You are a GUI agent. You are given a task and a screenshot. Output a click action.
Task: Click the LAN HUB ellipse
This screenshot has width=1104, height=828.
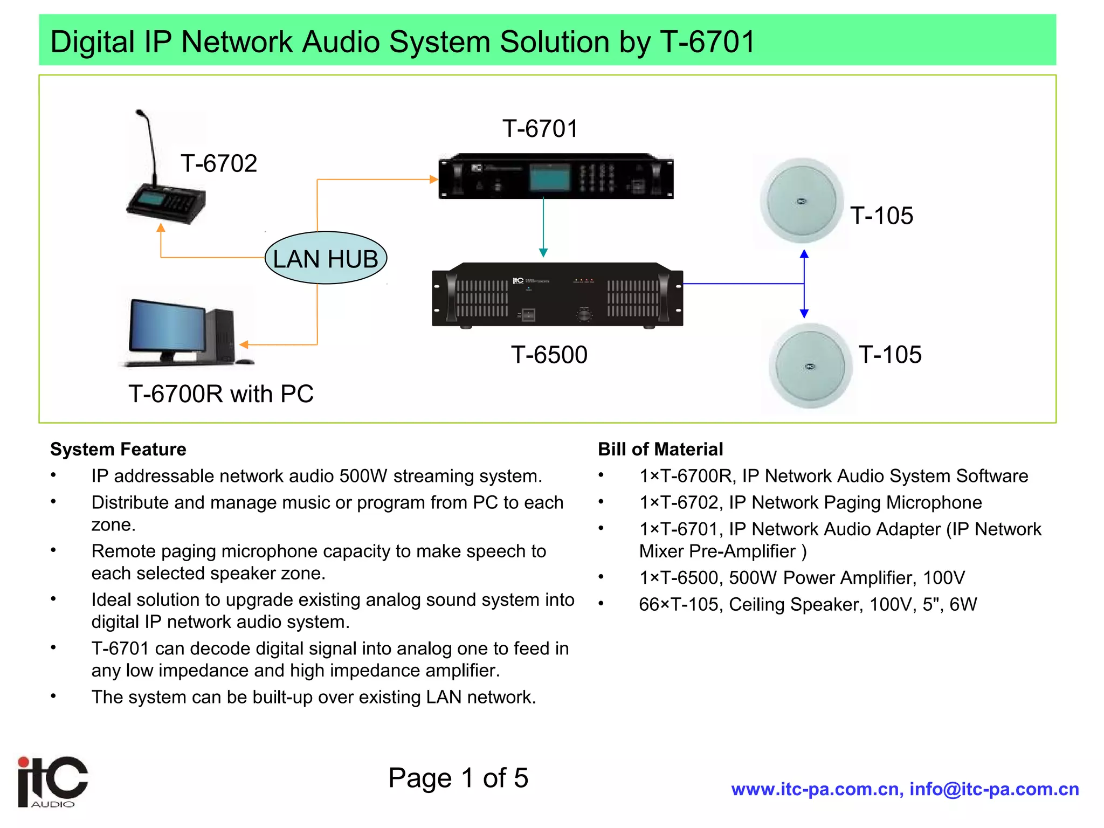pos(326,258)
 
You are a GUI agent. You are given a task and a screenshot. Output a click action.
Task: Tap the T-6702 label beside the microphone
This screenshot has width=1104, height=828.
pos(219,163)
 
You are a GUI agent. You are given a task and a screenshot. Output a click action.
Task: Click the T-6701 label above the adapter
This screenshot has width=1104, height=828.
pos(540,129)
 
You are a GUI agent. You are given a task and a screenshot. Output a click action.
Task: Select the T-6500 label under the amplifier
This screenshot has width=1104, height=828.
pos(549,355)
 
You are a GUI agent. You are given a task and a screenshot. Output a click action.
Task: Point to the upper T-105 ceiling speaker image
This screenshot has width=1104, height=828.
pos(801,202)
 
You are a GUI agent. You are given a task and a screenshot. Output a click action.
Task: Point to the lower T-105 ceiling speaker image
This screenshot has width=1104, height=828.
pos(810,367)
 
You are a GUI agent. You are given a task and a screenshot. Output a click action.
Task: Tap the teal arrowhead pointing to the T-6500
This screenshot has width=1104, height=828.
pos(543,252)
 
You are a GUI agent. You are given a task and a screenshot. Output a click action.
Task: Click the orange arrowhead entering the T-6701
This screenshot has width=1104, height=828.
pos(433,180)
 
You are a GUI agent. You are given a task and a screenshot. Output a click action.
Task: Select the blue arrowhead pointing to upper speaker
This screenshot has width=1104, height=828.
pos(804,254)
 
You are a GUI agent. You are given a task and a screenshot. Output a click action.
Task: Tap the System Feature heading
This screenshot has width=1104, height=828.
pos(118,449)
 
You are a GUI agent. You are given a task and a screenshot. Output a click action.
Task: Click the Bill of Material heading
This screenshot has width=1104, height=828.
pos(660,449)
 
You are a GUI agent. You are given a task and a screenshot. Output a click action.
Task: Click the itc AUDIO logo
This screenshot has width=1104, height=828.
pos(52,782)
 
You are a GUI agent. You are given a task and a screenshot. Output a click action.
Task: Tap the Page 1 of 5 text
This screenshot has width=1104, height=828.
pos(458,778)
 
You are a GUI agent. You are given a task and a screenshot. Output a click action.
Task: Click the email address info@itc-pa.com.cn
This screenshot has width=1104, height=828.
pos(994,789)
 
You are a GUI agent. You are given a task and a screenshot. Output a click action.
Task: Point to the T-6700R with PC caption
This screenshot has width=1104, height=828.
pos(220,394)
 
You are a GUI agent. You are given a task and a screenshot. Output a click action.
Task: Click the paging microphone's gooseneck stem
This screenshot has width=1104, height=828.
pos(151,146)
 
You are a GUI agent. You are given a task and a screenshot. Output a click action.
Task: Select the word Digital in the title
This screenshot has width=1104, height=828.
pos(92,42)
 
